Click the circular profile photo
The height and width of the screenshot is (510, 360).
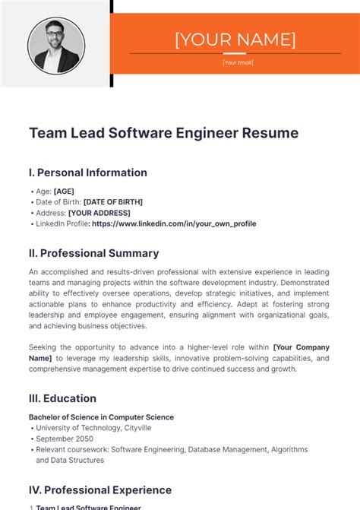click(x=56, y=45)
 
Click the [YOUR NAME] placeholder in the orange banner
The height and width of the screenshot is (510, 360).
click(x=235, y=39)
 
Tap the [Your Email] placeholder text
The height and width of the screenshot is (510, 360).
click(x=238, y=62)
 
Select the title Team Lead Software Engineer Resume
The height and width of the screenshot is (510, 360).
click(x=163, y=133)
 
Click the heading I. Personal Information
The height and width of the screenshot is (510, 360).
click(x=87, y=173)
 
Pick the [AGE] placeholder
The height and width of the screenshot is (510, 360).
click(x=64, y=192)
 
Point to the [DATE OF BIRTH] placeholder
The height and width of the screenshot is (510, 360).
click(x=112, y=202)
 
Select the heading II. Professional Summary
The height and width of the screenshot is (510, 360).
click(x=93, y=253)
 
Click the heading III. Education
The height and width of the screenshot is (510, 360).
click(x=62, y=398)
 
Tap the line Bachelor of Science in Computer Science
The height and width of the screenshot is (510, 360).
click(x=101, y=417)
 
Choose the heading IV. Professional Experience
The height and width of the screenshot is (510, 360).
click(x=100, y=490)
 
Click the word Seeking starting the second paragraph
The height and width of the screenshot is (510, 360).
click(x=45, y=347)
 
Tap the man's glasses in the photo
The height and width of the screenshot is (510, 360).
click(x=55, y=35)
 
